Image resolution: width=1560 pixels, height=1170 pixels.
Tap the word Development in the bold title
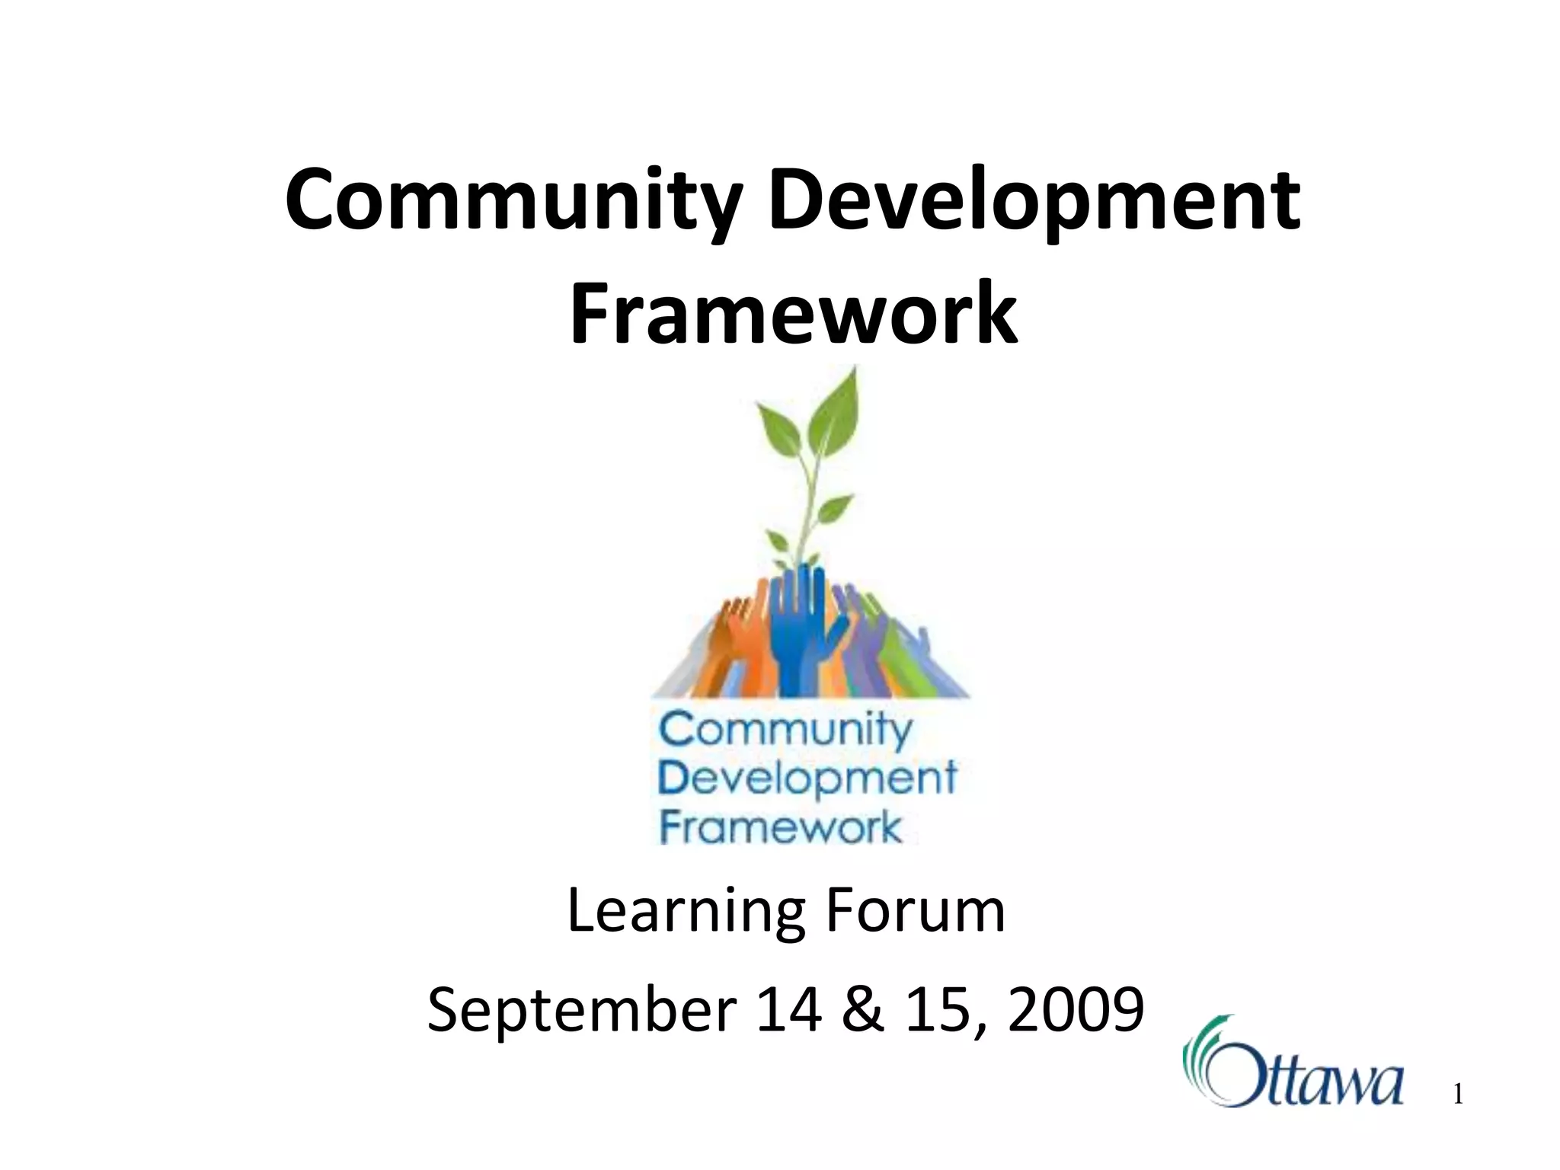[x=1034, y=201]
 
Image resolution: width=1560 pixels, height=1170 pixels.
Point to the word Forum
[x=915, y=912]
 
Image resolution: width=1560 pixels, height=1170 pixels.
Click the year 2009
[x=1076, y=1010]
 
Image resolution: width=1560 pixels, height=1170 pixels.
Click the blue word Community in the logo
[x=785, y=731]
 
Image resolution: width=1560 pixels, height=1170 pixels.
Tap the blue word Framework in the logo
[x=780, y=827]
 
